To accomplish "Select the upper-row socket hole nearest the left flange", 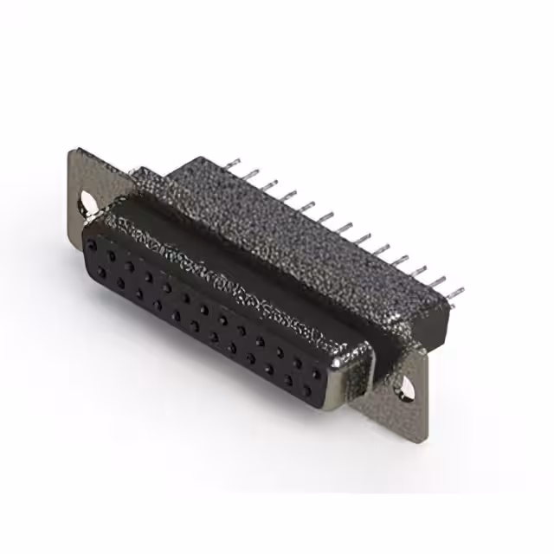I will (x=92, y=246).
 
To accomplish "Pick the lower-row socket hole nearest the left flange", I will (x=102, y=273).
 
